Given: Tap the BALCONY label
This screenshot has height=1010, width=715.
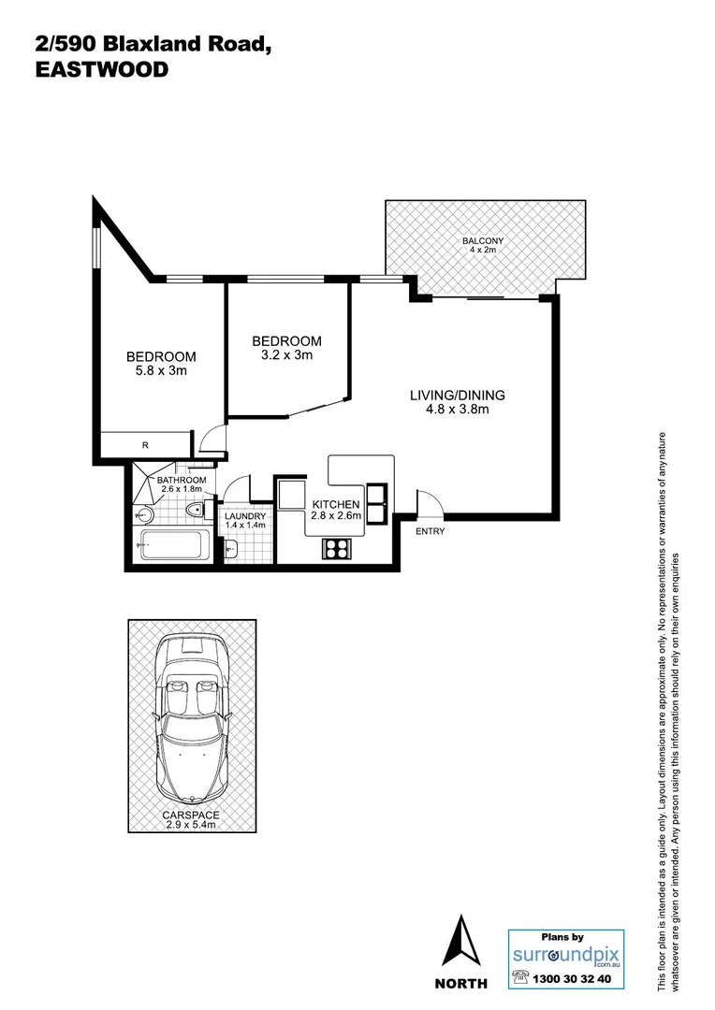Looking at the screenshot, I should [x=483, y=241].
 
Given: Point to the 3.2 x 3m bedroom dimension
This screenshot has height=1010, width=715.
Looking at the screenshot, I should [x=287, y=355].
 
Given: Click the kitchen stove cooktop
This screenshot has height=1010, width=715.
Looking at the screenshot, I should [x=336, y=549].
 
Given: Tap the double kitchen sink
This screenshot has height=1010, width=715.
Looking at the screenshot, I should [x=377, y=503].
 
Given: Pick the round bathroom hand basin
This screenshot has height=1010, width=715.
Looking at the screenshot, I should [x=144, y=513].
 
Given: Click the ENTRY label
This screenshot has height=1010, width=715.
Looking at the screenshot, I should [x=430, y=532].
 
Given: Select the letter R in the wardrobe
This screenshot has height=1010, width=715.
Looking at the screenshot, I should [x=144, y=445].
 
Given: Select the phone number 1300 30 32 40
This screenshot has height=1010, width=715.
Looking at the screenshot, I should [x=571, y=979].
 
